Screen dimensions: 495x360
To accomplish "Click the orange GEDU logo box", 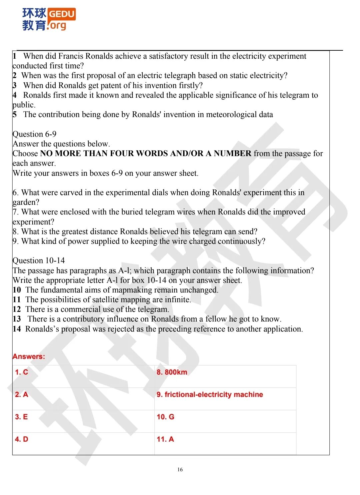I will (62, 14).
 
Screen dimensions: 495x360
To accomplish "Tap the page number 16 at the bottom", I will (180, 470).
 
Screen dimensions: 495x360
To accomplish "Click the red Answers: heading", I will (29, 356).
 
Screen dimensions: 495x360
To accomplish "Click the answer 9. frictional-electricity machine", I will (210, 395).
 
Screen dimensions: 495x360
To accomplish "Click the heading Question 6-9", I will (34, 134).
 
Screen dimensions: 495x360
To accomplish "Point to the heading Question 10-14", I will (39, 261).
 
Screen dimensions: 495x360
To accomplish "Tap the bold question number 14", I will (17, 329).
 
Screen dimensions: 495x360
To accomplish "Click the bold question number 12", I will (17, 309).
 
